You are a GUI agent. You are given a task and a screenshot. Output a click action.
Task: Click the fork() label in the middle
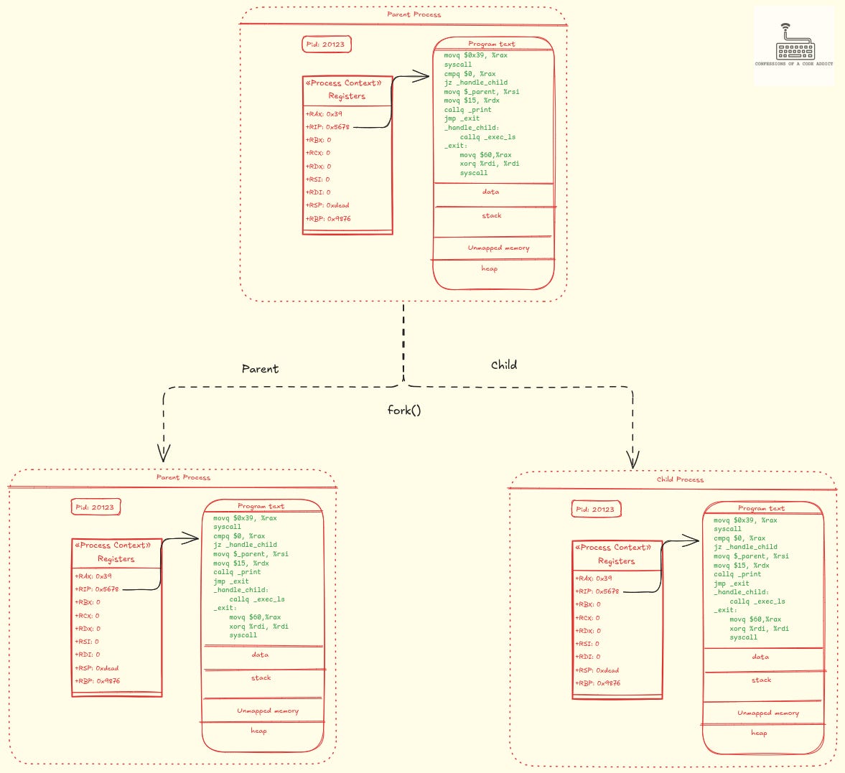point(403,410)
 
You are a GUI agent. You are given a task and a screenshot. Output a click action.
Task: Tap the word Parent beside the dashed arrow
point(260,369)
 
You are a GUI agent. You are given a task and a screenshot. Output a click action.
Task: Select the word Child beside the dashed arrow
point(503,365)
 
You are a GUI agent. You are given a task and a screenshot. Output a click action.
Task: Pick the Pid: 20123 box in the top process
point(326,44)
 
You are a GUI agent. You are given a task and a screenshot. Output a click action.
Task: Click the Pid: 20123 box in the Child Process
point(595,510)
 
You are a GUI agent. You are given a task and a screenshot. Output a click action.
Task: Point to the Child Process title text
point(680,479)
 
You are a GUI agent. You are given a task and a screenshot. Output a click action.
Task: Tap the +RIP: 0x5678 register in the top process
point(328,127)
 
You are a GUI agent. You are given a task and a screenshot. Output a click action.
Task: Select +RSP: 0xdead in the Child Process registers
point(597,670)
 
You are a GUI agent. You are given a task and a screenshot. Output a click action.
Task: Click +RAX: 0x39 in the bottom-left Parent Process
point(93,576)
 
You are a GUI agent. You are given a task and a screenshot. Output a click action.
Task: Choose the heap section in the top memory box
point(489,268)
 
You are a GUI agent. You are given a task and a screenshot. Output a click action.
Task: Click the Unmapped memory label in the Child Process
point(767,713)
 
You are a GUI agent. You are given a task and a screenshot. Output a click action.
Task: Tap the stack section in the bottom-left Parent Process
point(261,678)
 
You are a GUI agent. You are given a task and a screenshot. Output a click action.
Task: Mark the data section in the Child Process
point(760,657)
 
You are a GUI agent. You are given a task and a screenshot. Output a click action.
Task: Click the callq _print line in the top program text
point(467,110)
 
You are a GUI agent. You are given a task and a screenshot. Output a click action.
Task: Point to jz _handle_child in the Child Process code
point(745,547)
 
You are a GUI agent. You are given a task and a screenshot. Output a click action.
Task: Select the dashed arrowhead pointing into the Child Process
point(632,459)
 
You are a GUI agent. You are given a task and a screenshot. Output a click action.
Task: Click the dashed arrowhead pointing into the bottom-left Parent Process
point(164,453)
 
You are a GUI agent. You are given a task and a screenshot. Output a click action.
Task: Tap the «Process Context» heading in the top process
point(344,83)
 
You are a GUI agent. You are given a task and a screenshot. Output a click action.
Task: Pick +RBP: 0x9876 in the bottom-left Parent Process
point(98,681)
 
